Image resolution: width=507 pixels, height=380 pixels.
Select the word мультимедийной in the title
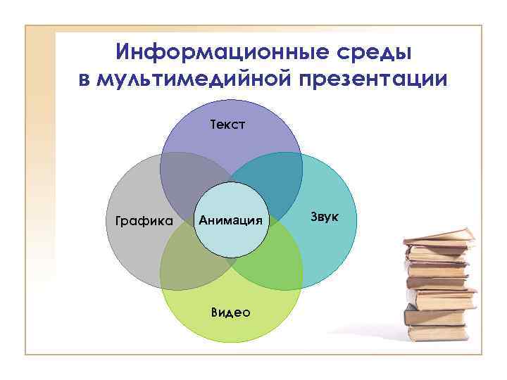(184, 78)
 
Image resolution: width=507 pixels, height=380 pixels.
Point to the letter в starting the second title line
(84, 78)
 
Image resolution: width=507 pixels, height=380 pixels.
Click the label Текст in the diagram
(228, 125)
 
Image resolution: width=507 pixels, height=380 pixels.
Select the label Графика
(139, 221)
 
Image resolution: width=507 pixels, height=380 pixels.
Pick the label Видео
(230, 312)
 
